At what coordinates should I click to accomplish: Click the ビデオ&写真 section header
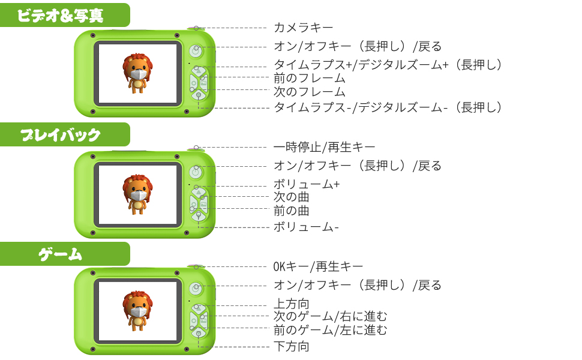tap(60, 15)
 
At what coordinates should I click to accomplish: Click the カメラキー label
tap(303, 28)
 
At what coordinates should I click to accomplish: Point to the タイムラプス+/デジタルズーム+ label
tap(387, 65)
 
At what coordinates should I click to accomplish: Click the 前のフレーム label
tap(310, 78)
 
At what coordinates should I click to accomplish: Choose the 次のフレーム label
tap(310, 92)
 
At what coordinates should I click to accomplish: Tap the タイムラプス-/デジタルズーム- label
tap(387, 107)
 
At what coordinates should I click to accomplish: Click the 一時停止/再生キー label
tap(325, 146)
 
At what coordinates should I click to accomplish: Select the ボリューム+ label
tap(307, 184)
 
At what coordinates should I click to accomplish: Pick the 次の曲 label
tap(292, 197)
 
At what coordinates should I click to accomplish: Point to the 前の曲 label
tap(292, 211)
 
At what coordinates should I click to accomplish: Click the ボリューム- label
tap(307, 227)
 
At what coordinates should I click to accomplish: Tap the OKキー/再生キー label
tap(318, 266)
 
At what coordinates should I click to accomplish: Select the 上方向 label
tap(292, 304)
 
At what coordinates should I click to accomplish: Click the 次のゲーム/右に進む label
tap(331, 316)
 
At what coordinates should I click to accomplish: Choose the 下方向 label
tap(292, 346)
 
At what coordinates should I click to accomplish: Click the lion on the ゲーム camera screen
tap(138, 310)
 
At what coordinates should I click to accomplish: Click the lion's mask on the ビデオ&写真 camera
tap(139, 74)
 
